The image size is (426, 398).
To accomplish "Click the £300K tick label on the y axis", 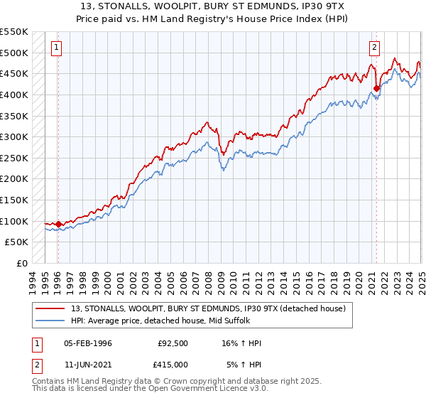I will (x=13, y=136).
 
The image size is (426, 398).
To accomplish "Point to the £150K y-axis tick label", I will (x=13, y=200).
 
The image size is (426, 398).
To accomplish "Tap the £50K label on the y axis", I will (x=16, y=242).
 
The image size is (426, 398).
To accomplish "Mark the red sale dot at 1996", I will (x=58, y=224).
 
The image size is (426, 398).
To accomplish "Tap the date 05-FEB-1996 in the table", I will (x=87, y=344).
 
